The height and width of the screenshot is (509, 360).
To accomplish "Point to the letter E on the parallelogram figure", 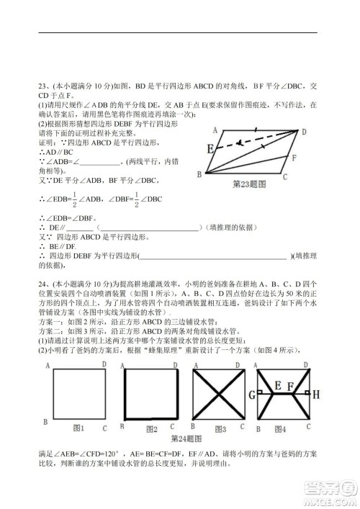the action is pos(210,150).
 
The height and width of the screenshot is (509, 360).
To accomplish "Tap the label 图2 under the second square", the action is pos(150,429).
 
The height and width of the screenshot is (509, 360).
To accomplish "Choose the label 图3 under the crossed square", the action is pos(220,429).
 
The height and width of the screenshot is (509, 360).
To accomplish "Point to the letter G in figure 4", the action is pos(252,394).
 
